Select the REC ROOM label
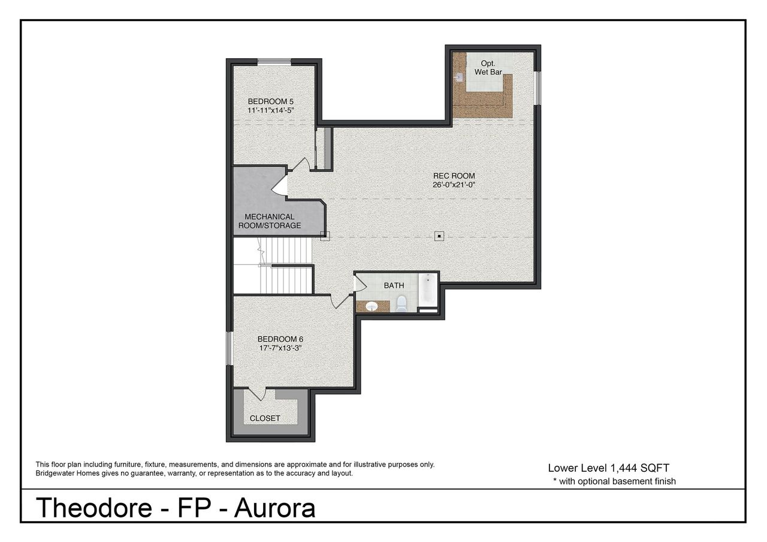tap(454, 176)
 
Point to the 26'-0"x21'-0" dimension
tap(454, 185)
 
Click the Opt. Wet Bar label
tap(488, 68)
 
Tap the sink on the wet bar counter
tap(460, 77)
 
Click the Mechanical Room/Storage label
tap(269, 221)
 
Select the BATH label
tap(394, 285)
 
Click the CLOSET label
tap(265, 418)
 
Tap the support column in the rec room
tap(439, 236)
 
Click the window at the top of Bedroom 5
tap(274, 61)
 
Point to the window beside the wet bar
tap(537, 88)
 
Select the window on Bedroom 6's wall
tap(228, 348)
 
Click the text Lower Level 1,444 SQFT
tap(613, 468)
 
